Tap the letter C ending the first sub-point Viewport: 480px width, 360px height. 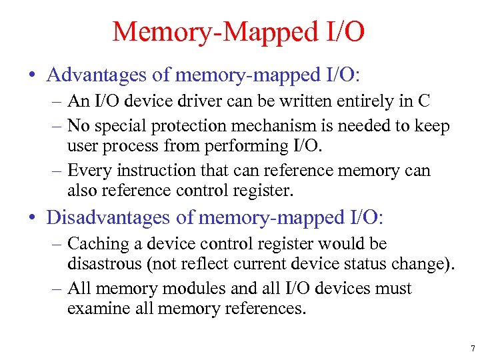click(x=423, y=101)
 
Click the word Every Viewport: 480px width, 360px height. click(x=89, y=170)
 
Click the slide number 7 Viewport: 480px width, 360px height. click(x=472, y=348)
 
